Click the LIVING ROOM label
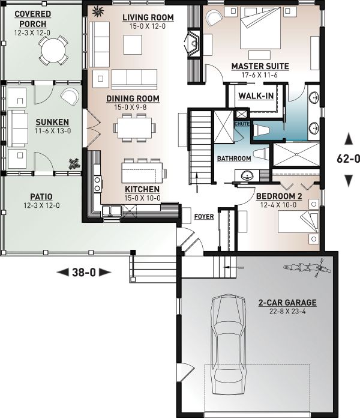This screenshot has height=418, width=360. [148, 17]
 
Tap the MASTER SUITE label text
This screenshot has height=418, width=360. [260, 66]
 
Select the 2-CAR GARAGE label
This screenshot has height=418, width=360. [287, 303]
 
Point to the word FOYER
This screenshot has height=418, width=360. [204, 216]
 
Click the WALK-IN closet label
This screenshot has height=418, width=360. [256, 96]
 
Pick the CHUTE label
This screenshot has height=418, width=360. [242, 124]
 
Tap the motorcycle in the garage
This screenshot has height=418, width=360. [307, 267]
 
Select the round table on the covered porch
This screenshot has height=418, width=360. [53, 51]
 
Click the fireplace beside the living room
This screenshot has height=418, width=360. [193, 43]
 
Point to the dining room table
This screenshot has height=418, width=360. [135, 128]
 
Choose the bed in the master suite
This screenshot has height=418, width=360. [260, 28]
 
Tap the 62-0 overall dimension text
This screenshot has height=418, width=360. [348, 159]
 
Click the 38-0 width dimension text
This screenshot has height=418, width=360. [84, 273]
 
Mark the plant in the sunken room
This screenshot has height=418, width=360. [74, 164]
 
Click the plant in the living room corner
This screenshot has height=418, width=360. [98, 11]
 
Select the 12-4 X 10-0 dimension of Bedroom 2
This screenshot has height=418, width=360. [278, 205]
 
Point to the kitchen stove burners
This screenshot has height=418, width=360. [97, 184]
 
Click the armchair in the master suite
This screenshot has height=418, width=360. [214, 18]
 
